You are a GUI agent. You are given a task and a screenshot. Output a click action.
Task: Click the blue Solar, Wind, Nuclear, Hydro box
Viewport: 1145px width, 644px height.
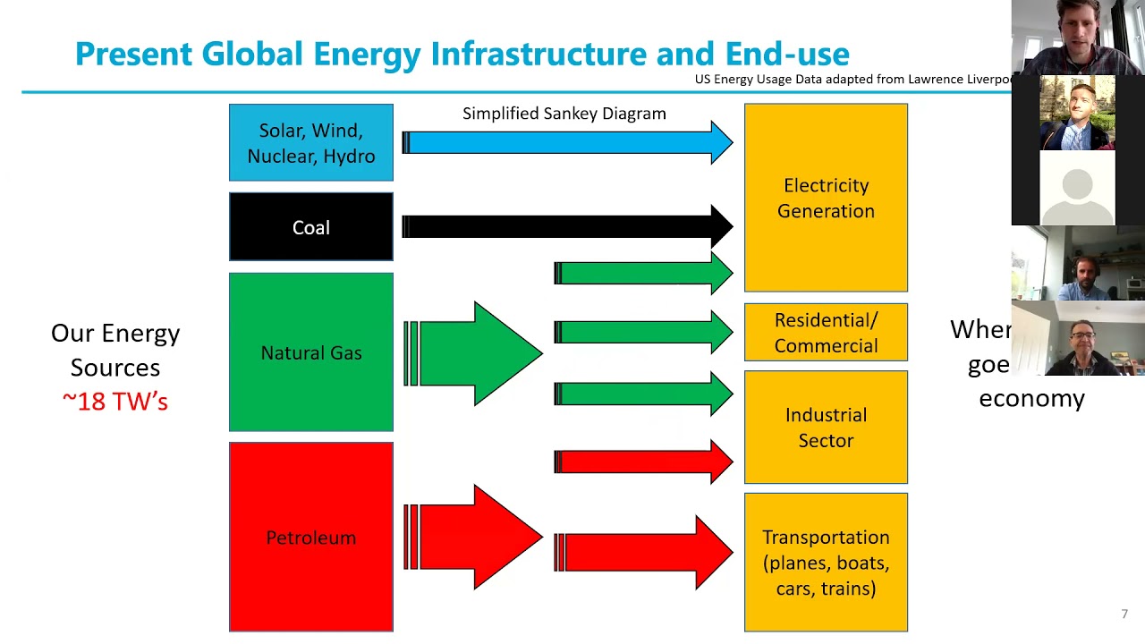(x=310, y=142)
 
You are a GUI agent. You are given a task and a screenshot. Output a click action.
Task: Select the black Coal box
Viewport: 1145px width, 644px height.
(x=310, y=227)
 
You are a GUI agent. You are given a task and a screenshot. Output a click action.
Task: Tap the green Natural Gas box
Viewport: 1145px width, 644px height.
(x=310, y=352)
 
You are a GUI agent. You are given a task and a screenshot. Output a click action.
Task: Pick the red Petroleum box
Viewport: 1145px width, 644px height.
(x=310, y=537)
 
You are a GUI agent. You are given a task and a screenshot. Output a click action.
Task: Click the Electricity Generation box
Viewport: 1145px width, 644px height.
(x=826, y=198)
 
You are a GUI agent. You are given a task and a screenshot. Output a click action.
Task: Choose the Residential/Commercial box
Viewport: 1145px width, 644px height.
(x=826, y=333)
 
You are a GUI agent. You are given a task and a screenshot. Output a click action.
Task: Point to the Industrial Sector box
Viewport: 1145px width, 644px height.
(x=826, y=428)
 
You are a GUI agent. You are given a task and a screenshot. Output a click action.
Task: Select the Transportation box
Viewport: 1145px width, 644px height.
(x=826, y=562)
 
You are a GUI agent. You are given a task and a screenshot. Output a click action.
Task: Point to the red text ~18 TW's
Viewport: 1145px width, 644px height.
(x=115, y=402)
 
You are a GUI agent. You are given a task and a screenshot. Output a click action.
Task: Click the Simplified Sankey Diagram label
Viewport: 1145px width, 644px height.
(x=564, y=114)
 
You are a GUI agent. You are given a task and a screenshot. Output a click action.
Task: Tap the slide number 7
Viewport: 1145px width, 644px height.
(x=1124, y=614)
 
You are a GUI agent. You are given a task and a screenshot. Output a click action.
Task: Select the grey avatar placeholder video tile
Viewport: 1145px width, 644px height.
(x=1077, y=188)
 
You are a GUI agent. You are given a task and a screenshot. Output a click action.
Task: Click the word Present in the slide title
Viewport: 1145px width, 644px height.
(x=134, y=54)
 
